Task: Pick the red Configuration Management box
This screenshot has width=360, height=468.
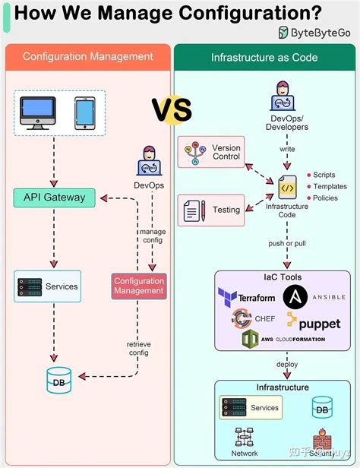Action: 139,286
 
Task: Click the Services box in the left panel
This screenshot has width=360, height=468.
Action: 47,286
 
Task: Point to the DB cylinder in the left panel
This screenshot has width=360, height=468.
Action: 58,378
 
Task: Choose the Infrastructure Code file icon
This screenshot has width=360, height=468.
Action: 287,186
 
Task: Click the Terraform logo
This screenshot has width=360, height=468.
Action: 246,296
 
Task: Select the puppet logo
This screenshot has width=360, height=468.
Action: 313,322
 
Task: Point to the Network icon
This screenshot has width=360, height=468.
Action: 245,438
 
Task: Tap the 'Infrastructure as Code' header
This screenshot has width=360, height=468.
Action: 264,57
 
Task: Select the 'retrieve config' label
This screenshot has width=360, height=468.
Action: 138,348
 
